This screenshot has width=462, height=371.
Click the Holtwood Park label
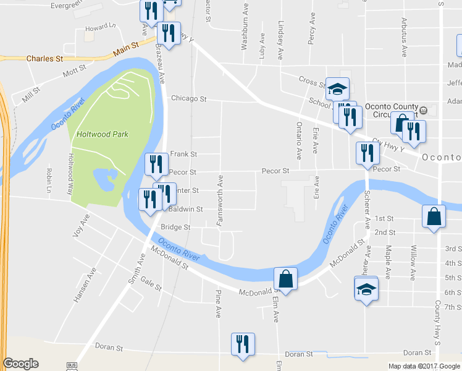tap(102, 134)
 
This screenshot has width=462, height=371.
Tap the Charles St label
tap(45, 59)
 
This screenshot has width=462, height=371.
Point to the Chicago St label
tap(188, 98)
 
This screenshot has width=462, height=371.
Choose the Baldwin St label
tap(186, 210)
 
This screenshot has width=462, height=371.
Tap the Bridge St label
tap(175, 228)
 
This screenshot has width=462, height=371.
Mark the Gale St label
tap(150, 284)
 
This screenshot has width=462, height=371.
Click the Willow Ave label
tap(413, 261)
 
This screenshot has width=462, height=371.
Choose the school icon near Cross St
tap(338, 89)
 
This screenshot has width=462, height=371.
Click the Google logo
tap(20, 364)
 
